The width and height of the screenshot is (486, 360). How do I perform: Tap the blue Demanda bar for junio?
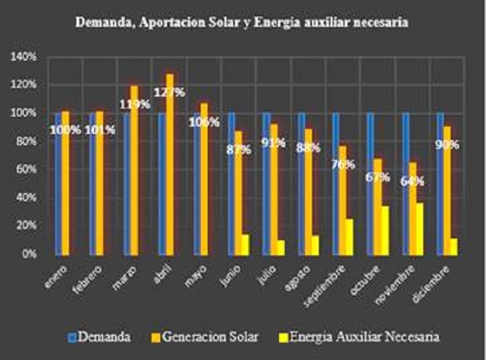point(230,183)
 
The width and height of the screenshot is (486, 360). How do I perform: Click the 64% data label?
point(413,181)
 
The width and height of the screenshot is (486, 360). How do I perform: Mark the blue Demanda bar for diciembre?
point(440,183)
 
